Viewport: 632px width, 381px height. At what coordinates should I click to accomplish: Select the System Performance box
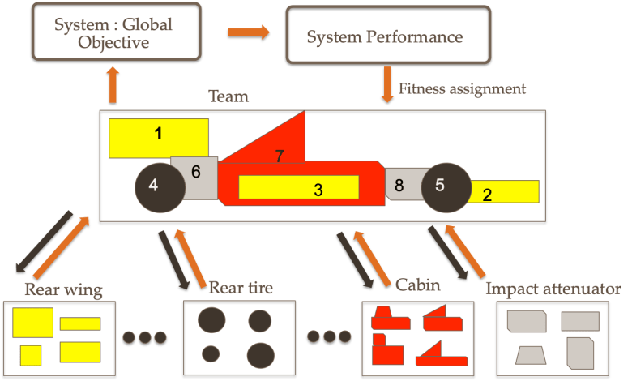point(387,36)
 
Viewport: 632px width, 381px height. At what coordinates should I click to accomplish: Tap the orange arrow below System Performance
point(387,86)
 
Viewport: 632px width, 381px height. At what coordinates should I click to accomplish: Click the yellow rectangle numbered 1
point(159,137)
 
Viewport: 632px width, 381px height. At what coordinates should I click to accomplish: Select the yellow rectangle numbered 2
point(503,192)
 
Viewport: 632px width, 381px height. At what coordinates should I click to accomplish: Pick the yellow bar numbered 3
point(299,187)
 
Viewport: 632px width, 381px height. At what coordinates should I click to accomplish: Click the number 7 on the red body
point(280,156)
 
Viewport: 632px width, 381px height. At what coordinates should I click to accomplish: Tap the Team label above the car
point(228,97)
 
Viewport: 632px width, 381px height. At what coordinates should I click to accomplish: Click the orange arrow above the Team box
point(113,86)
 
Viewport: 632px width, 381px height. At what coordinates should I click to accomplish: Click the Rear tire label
point(241,287)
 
